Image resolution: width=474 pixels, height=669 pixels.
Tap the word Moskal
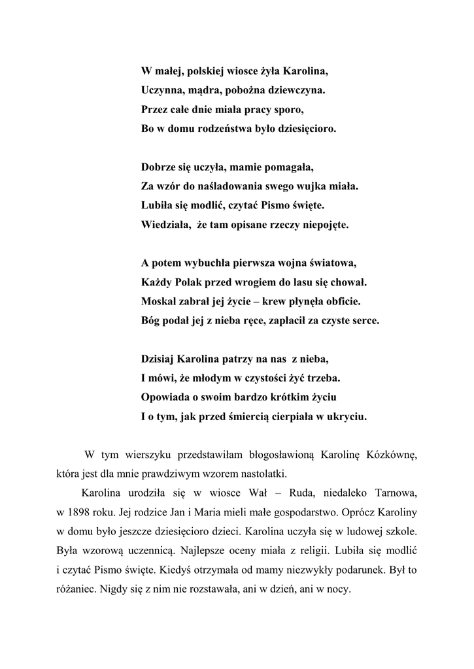click(158, 302)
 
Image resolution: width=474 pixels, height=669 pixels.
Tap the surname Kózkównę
click(390, 455)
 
